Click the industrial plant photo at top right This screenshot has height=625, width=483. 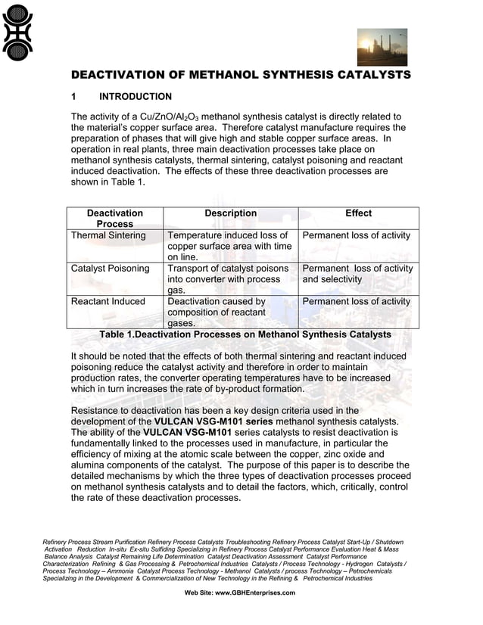[382, 47]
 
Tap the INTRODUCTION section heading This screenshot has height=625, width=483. [136, 97]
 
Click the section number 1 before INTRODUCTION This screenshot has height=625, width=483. [73, 97]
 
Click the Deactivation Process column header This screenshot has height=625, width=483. [114, 219]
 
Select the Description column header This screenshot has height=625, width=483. [230, 213]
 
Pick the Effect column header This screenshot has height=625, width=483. [358, 213]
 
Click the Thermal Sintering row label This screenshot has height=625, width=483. [108, 235]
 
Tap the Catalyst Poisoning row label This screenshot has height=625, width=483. [110, 269]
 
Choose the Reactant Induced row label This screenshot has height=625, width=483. [108, 301]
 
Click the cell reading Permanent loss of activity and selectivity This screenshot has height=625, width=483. [357, 274]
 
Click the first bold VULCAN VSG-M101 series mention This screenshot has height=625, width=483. [209, 421]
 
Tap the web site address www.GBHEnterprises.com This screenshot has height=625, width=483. [240, 592]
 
